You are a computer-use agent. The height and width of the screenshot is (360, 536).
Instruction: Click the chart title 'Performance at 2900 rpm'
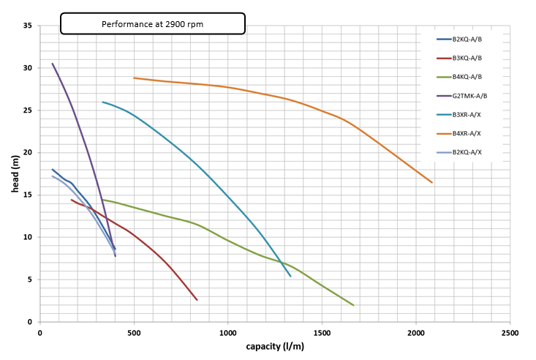click(152, 24)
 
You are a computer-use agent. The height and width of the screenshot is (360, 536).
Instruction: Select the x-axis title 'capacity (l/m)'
click(275, 346)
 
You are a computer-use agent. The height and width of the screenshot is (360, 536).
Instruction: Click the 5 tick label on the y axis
click(30, 280)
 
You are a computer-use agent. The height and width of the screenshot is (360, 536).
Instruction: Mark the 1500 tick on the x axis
click(322, 332)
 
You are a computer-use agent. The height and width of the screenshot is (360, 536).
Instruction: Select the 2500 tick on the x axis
click(510, 332)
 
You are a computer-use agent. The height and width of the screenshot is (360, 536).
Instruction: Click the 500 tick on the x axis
click(134, 332)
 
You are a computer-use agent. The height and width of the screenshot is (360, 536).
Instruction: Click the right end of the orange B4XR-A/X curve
click(432, 182)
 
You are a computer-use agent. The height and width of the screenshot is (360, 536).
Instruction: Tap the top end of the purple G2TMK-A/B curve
click(53, 64)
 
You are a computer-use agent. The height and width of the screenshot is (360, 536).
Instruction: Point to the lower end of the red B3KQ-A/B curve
click(197, 299)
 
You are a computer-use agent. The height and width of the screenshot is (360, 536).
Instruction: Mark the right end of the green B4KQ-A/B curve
click(353, 305)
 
